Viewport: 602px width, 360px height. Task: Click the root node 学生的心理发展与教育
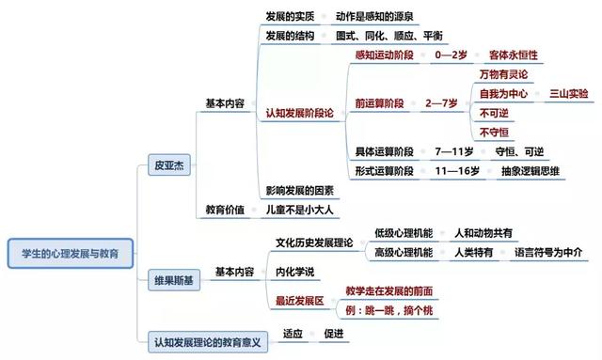70,253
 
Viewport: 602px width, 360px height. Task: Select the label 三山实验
567,94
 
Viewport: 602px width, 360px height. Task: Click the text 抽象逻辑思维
531,170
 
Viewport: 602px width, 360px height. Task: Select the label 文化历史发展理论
314,243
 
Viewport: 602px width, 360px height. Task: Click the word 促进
334,333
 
